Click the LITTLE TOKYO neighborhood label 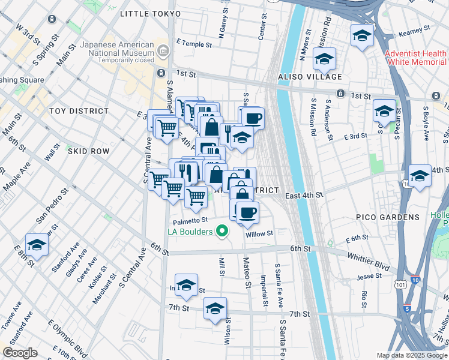pyautogui.click(x=150, y=13)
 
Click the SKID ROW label pyautogui.click(x=88, y=152)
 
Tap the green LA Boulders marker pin pyautogui.click(x=223, y=230)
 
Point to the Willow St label pyautogui.click(x=259, y=233)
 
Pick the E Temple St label pyautogui.click(x=194, y=44)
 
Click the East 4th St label pyautogui.click(x=304, y=195)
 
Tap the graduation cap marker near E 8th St pyautogui.click(x=37, y=245)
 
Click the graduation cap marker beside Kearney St pyautogui.click(x=363, y=34)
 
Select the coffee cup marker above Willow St pyautogui.click(x=247, y=212)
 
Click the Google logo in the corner pyautogui.click(x=20, y=353)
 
